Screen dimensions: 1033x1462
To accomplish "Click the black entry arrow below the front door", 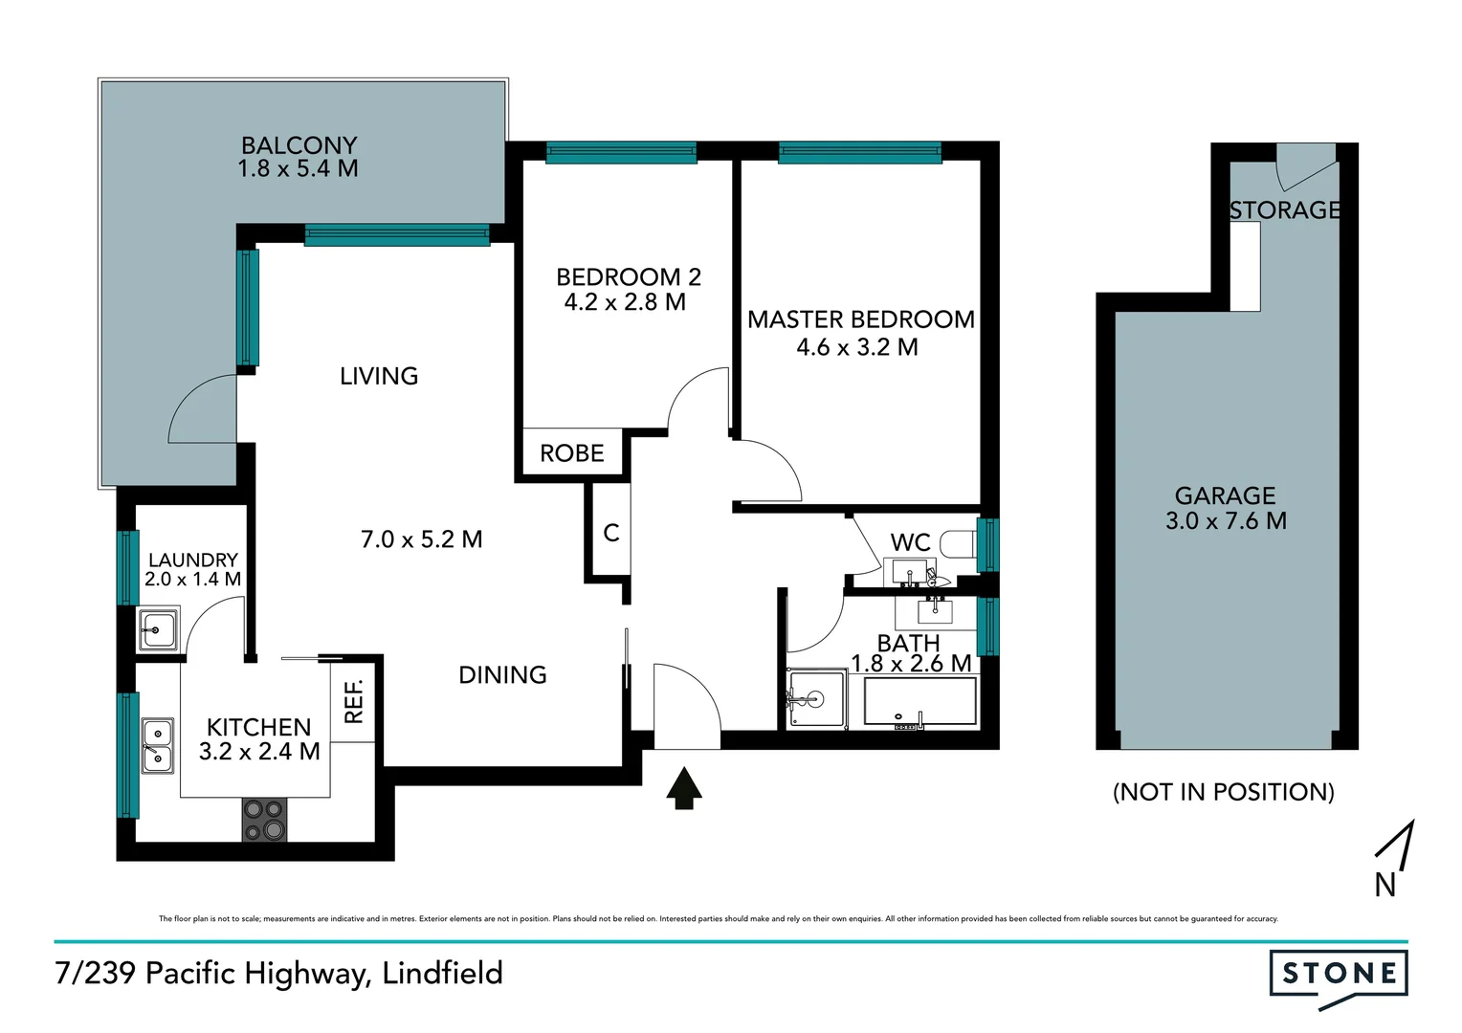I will coord(683,788).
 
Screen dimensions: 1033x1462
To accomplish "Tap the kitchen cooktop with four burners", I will coord(264,820).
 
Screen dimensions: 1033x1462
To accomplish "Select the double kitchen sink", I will coord(158,746).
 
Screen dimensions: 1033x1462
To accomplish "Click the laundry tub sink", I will coord(158,630).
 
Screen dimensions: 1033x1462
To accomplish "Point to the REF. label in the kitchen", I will coord(354,700).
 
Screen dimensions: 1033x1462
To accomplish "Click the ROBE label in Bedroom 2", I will coord(571,453).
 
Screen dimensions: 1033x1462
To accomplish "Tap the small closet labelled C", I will coord(611,533).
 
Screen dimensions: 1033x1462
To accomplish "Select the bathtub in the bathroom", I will coord(919,703).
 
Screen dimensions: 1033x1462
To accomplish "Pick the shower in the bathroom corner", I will coord(816,699).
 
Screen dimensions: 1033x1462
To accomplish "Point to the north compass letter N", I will coord(1384,885).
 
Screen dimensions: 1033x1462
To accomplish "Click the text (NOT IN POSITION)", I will coord(1223,792).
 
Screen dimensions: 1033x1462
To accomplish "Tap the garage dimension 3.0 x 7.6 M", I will coord(1226,521).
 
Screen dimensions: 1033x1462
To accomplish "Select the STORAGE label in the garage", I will coord(1284,209).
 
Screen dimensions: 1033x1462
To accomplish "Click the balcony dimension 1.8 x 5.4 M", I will coord(298,169).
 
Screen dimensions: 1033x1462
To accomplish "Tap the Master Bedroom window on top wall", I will coord(859,152).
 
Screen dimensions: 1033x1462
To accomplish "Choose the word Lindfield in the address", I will coord(442,973).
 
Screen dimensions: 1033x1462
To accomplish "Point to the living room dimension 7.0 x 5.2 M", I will coord(421,539).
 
